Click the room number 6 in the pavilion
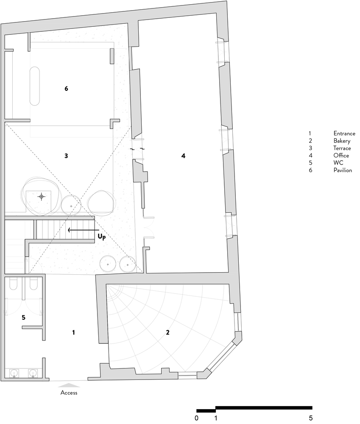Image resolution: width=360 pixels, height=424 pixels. [66, 89]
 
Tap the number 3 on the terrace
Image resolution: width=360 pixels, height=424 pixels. [66, 156]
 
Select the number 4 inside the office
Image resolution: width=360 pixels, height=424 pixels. [183, 156]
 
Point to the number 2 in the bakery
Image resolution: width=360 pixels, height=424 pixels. [167, 332]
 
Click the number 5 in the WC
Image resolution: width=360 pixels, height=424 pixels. [23, 318]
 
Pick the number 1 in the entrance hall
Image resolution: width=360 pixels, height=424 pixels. [73, 332]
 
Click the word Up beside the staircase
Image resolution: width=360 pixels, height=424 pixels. [101, 237]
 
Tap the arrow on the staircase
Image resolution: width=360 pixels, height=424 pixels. [83, 230]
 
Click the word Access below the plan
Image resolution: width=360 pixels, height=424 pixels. [69, 393]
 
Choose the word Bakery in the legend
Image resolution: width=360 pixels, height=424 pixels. [342, 141]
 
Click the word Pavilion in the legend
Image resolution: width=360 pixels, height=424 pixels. [343, 170]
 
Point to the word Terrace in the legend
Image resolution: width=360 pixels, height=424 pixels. [342, 148]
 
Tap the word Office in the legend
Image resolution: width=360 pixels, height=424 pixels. [341, 156]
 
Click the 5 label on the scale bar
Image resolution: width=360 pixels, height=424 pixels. [311, 418]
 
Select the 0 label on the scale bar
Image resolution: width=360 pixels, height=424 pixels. [197, 418]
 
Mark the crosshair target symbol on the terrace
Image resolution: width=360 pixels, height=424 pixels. [42, 197]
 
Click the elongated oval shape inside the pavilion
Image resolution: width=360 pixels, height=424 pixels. [35, 86]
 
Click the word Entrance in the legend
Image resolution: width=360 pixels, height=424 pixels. [344, 133]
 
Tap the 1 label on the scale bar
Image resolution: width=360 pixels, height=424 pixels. [215, 418]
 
